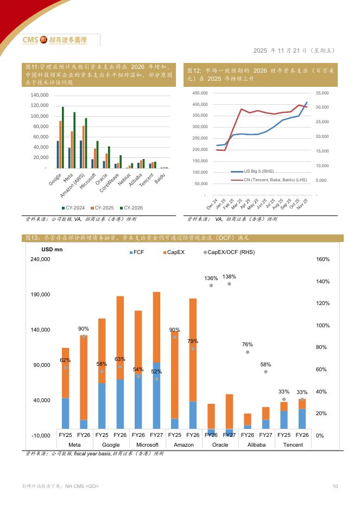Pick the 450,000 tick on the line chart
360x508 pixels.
coord(200,93)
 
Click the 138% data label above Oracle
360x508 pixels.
coord(229,277)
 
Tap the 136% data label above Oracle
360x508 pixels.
coord(211,278)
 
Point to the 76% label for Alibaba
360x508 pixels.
coord(248,345)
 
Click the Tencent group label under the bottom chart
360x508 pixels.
coord(293,445)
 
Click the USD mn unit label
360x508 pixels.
coord(53,250)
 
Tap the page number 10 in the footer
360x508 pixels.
coord(336,486)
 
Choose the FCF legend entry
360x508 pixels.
coord(137,252)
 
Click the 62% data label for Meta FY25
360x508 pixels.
coord(65,360)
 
